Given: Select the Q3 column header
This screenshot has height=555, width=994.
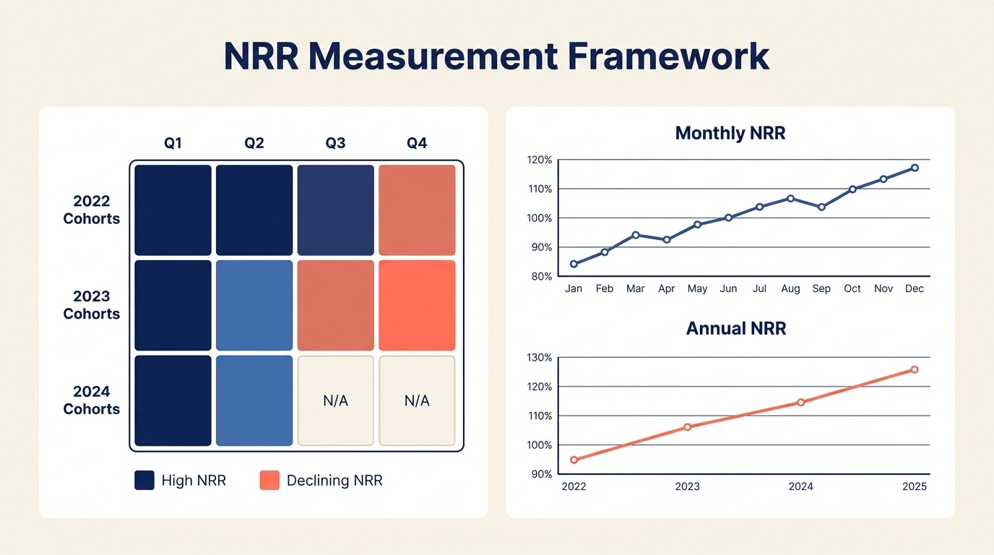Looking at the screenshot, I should [335, 143].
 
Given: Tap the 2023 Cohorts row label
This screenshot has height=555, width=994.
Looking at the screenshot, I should [92, 305].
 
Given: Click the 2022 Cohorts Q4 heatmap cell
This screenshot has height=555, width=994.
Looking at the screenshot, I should [417, 210].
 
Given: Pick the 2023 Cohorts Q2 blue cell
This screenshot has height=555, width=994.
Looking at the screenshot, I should [254, 305].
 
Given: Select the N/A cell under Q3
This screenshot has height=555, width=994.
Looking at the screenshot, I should [335, 400].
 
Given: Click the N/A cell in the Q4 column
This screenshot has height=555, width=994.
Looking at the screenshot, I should [417, 400].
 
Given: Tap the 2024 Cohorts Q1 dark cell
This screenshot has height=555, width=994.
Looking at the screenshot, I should [173, 400].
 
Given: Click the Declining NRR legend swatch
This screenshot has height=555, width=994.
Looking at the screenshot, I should [269, 481].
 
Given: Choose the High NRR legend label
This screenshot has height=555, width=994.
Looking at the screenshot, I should [194, 481].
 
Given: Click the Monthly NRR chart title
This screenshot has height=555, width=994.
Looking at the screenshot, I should [730, 133].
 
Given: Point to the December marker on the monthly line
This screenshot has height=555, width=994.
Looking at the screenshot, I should [915, 168].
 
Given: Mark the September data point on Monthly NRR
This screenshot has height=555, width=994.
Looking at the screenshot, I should [821, 207].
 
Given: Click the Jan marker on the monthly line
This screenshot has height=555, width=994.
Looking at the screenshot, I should [574, 264].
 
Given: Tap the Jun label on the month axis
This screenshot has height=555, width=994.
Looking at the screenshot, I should [728, 288].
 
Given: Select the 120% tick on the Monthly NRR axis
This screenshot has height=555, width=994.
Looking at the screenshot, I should [540, 160].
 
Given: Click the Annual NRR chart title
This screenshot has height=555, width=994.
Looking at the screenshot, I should [735, 329].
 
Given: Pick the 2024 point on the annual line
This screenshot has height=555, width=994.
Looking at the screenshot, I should [800, 403].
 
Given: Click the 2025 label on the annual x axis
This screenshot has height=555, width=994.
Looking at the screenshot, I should [915, 486].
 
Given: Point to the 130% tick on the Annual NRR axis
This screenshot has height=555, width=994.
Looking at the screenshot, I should [540, 358].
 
